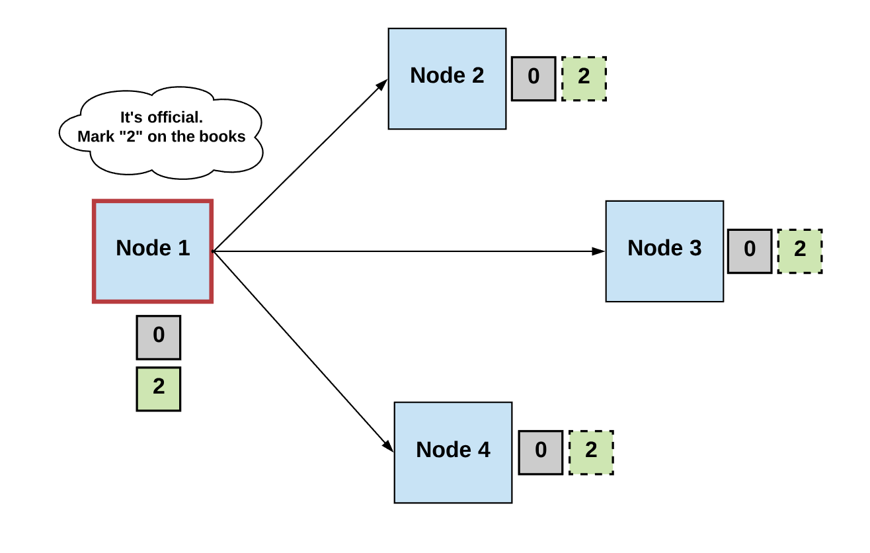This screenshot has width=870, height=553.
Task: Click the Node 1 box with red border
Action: [x=153, y=251]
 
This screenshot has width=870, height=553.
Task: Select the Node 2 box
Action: [x=447, y=78]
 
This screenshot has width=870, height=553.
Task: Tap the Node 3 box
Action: [x=664, y=251]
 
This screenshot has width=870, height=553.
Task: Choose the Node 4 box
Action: [x=453, y=452]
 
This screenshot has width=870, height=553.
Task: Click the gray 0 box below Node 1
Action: [x=159, y=337]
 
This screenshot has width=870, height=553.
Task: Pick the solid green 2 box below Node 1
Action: [x=159, y=389]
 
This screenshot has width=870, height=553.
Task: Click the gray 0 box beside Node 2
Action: [x=534, y=79]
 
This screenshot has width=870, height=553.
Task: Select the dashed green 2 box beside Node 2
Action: [x=584, y=79]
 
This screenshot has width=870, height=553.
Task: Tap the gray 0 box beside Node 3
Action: [x=750, y=251]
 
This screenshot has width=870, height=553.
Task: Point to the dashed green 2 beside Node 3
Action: [x=800, y=251]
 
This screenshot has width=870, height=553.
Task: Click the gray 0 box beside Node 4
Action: [x=541, y=452]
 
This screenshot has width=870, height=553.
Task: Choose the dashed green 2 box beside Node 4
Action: [x=591, y=452]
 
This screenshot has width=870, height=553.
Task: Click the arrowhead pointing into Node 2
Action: [x=382, y=84]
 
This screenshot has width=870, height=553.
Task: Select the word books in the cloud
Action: [x=227, y=137]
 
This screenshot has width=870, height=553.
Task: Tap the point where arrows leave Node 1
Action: [x=213, y=251]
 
